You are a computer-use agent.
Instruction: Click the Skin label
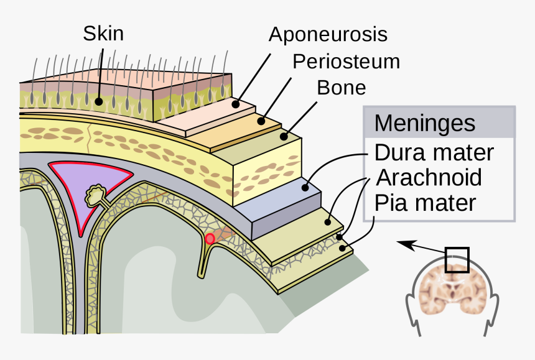(103, 33)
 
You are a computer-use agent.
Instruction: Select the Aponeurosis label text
(328, 34)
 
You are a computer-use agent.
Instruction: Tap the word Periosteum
(346, 61)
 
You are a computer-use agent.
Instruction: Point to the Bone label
(342, 87)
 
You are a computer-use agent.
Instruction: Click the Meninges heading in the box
(424, 122)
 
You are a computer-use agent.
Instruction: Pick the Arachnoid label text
(429, 177)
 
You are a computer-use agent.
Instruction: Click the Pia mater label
(425, 203)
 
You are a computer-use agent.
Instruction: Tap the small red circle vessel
(210, 238)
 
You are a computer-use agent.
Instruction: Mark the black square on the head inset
(457, 260)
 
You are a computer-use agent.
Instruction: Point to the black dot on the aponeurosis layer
(236, 105)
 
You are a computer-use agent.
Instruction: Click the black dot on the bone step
(284, 135)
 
